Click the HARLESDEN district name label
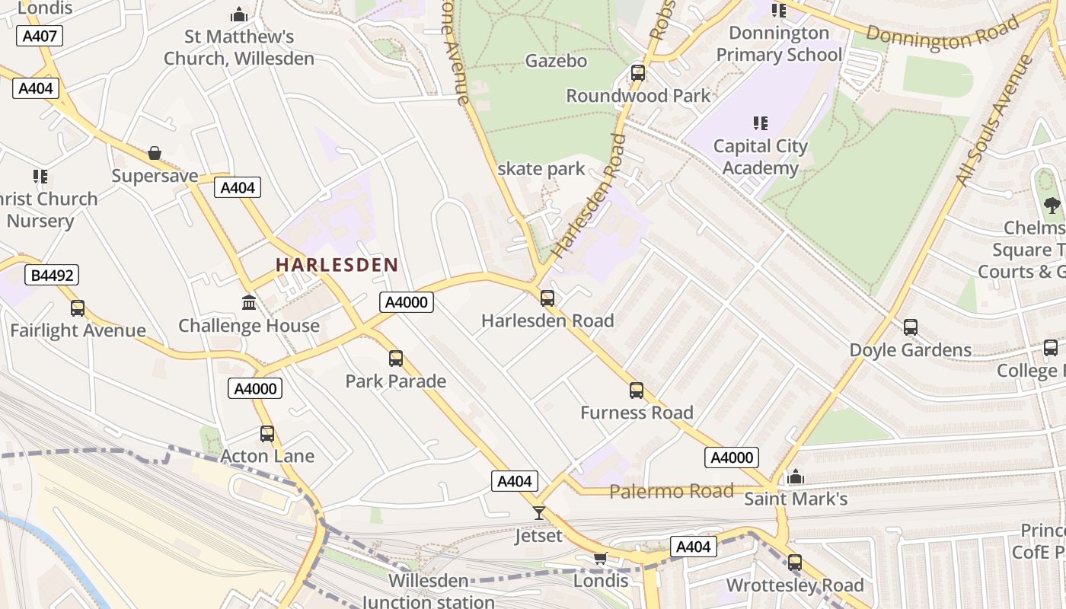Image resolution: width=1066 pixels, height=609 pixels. coord(337,265)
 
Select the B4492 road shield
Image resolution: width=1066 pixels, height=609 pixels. coord(53,275)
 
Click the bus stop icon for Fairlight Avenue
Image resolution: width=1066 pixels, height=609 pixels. coord(78,308)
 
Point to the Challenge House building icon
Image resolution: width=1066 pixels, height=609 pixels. coord(249,303)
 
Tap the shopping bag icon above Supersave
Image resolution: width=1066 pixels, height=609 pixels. coord(155,153)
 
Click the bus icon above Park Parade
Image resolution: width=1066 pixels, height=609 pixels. coord(396,358)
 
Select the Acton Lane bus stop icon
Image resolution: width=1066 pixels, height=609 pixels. coord(267,434)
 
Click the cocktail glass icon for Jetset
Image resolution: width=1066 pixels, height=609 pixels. coord(539,513)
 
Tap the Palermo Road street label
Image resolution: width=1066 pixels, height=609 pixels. coord(672,491)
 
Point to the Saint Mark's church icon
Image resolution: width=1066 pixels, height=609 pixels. coord(796,477)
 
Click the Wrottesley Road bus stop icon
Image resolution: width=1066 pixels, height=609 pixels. coord(795,563)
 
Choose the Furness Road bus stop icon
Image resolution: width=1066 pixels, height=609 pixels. coord(637,391)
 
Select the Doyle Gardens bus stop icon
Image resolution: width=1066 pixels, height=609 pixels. coord(911,327)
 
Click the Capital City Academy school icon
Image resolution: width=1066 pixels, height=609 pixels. coord(760,123)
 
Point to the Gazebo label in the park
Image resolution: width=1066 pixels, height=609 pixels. coord(556,61)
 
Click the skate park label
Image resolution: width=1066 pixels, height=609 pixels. coord(541,169)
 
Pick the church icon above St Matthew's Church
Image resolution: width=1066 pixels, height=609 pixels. coord(239,14)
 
